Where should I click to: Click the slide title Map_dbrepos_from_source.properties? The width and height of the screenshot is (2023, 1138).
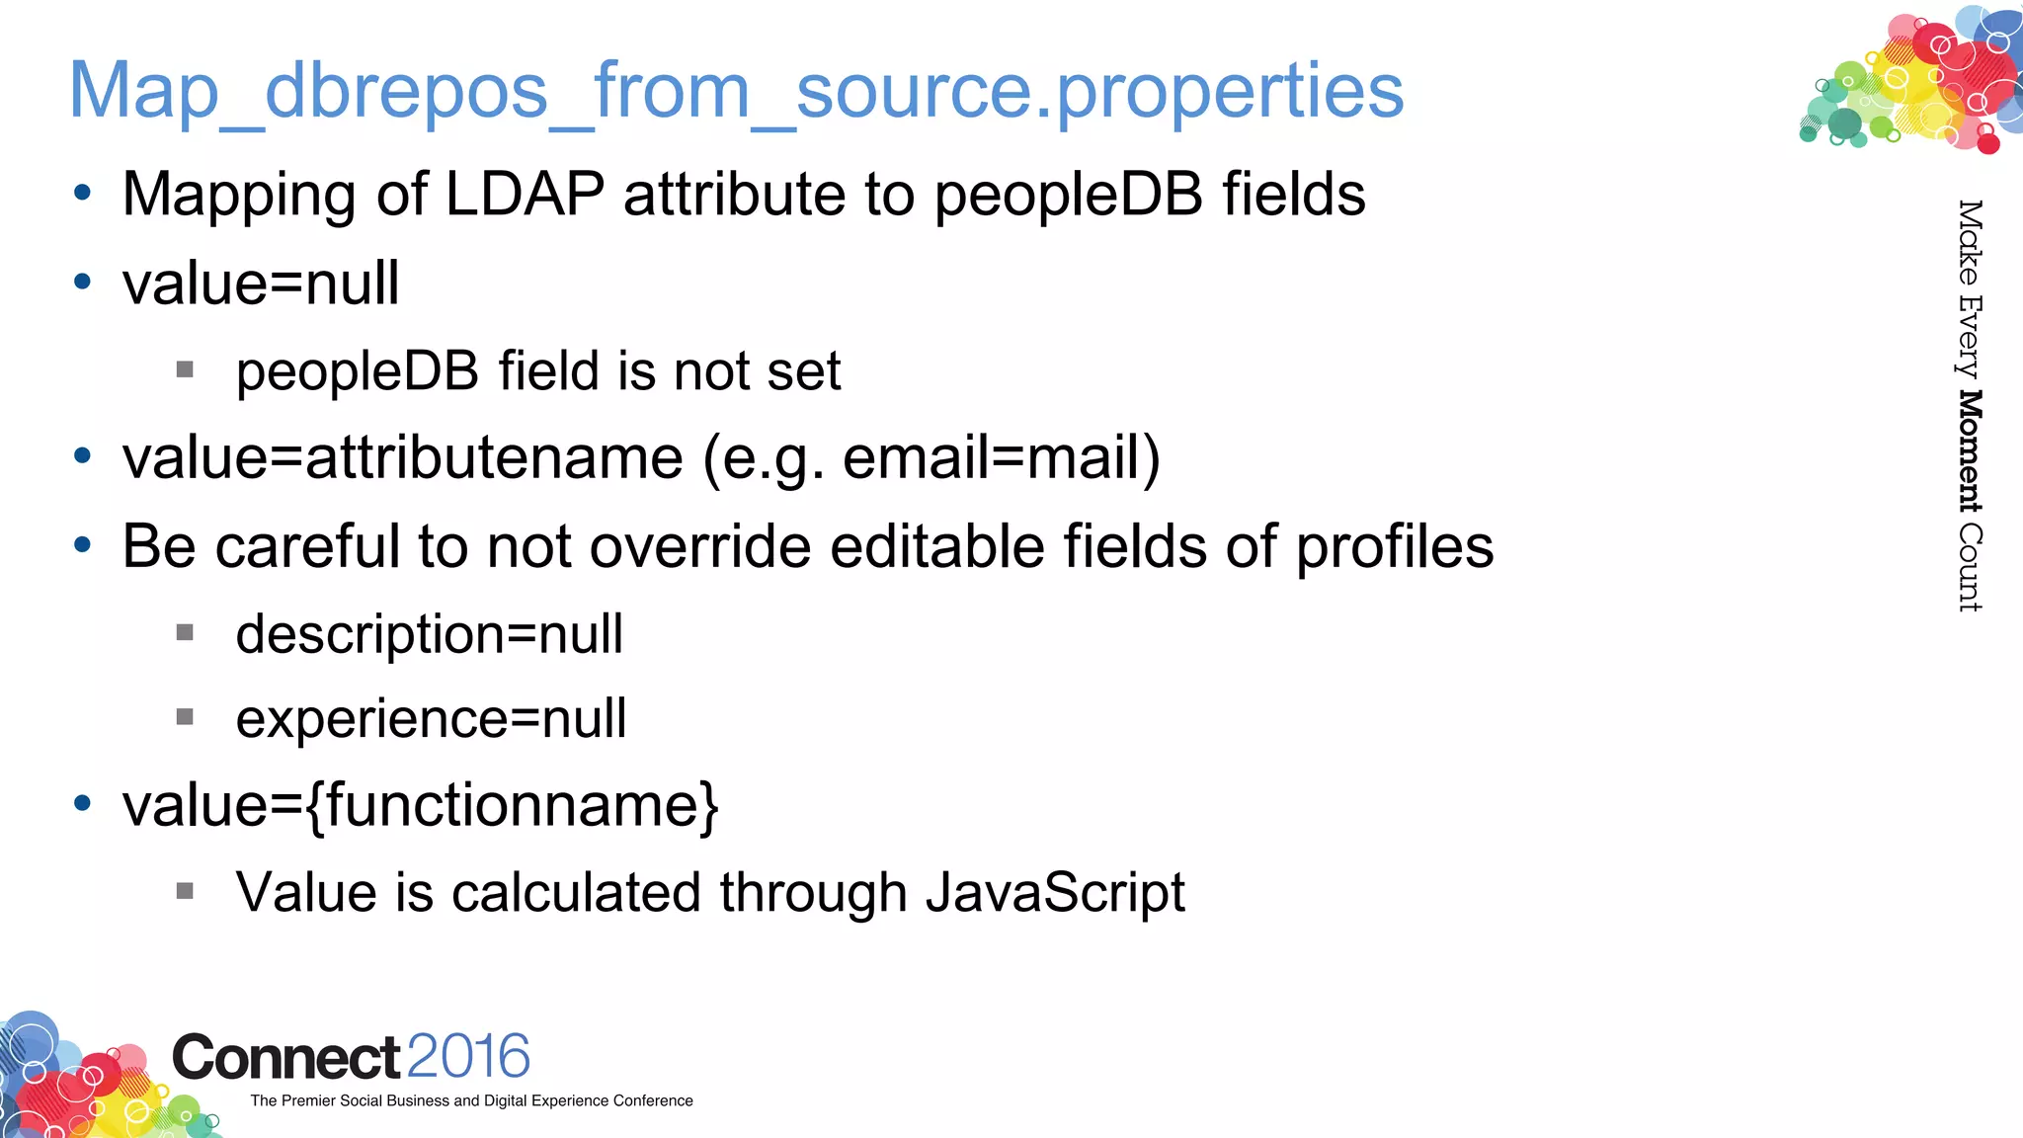coord(736,91)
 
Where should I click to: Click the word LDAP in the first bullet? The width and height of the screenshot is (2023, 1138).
coord(525,194)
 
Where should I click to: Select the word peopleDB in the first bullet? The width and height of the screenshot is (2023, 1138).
coord(1068,196)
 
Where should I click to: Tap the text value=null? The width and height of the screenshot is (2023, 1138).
coord(261,284)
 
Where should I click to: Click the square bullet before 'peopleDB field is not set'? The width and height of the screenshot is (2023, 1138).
coord(185,369)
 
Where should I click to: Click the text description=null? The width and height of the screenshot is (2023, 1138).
coord(429,634)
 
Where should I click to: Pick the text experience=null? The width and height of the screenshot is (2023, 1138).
coord(431,719)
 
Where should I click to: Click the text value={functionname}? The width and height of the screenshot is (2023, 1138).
coord(420,806)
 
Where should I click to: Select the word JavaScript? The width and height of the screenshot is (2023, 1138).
coord(1054,893)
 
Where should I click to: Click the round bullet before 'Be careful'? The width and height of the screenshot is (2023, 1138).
coord(83,544)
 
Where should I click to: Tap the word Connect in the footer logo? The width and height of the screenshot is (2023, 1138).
coord(285,1058)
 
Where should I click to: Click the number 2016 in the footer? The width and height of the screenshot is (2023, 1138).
coord(467,1056)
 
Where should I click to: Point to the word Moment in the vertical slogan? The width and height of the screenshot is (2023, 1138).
coord(1970,451)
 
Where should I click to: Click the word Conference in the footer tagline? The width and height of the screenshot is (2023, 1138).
coord(653,1100)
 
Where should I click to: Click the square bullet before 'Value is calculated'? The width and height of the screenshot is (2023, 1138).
coord(185,891)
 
